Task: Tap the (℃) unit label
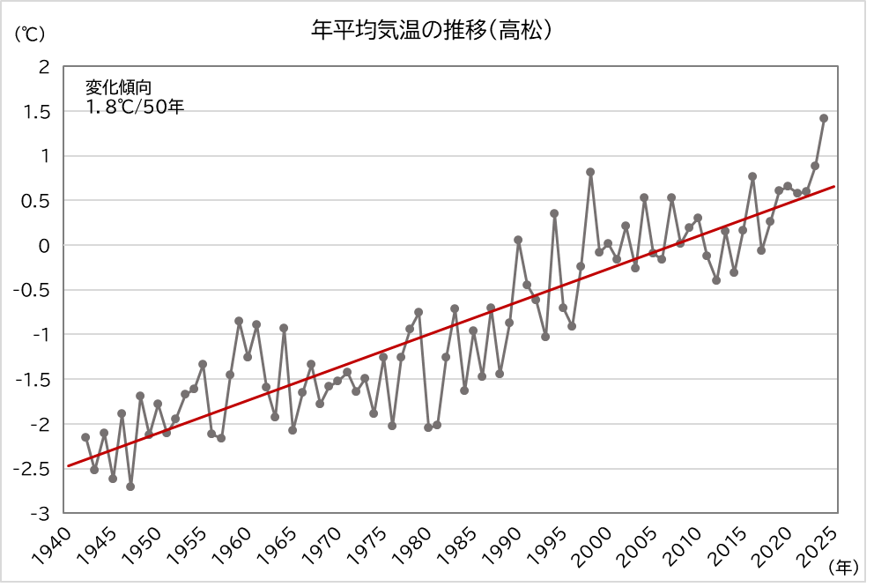tap(28, 34)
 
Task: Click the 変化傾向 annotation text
tap(118, 87)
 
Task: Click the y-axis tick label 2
tap(44, 67)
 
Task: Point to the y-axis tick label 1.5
tap(38, 112)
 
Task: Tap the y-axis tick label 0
tap(44, 246)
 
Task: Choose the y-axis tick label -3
tap(41, 513)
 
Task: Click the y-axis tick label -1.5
tap(34, 380)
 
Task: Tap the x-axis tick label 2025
tap(822, 539)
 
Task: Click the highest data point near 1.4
tap(824, 118)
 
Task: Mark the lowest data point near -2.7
tap(130, 487)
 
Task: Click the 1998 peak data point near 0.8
tap(590, 172)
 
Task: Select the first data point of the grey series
tap(85, 437)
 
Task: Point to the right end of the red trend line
tap(833, 187)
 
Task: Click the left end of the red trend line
tap(68, 465)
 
